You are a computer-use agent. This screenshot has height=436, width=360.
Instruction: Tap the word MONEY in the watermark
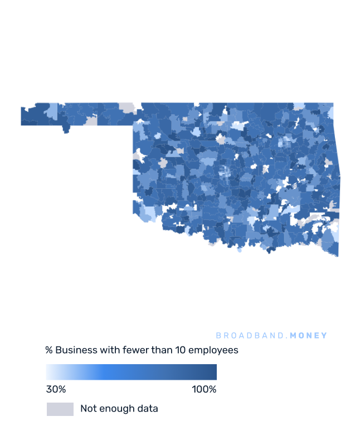(x=309, y=336)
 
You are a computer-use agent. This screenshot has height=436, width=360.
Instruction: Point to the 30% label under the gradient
(x=56, y=389)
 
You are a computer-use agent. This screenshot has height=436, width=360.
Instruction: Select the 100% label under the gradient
(x=204, y=389)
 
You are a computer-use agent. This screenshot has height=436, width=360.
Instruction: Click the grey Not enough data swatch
(x=60, y=409)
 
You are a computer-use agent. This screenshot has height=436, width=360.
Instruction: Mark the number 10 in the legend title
(x=180, y=350)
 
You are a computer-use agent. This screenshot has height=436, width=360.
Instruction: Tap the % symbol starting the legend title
(x=49, y=350)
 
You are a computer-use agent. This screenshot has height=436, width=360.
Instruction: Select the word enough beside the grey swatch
(x=118, y=409)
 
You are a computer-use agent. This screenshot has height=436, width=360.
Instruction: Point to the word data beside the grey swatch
(x=147, y=409)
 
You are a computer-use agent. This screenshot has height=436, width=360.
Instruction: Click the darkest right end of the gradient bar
(x=214, y=372)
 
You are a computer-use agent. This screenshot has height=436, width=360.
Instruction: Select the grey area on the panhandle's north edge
(x=127, y=107)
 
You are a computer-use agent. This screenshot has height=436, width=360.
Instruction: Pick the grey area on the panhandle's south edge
(x=91, y=120)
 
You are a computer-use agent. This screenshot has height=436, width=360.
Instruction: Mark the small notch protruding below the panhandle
(x=66, y=129)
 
